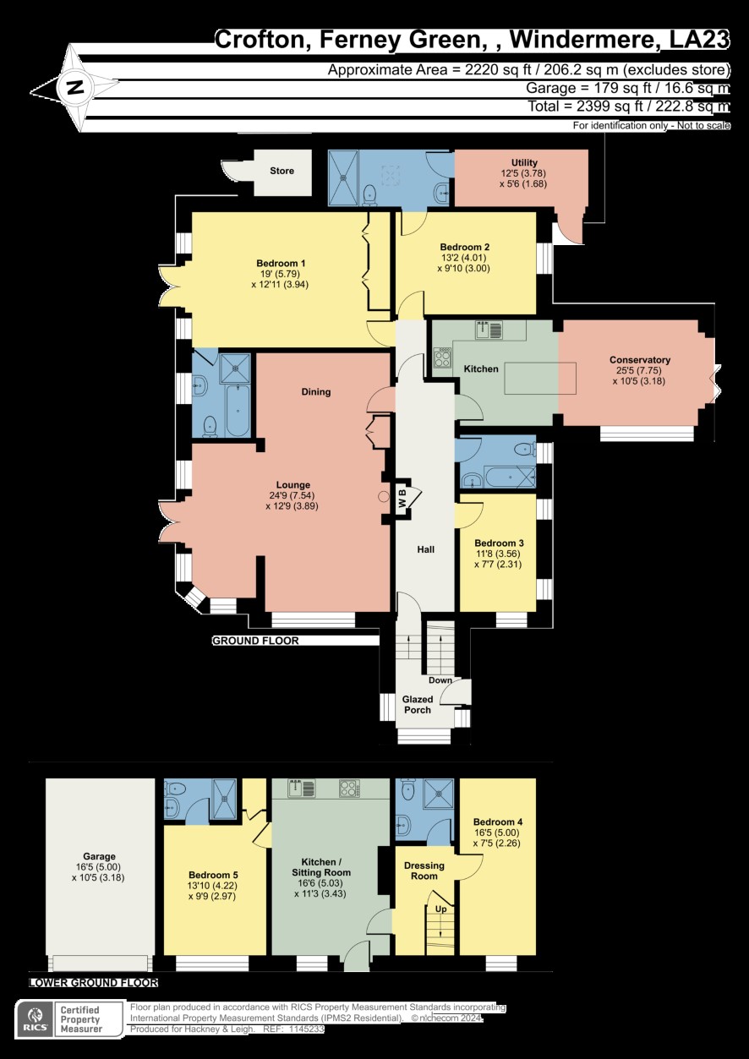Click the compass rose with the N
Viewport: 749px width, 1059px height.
coord(76,87)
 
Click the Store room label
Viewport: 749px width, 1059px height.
coord(282,172)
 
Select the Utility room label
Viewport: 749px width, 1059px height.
coord(524,163)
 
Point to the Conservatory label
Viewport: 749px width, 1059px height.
coord(640,360)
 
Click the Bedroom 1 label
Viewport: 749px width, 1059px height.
coord(281,264)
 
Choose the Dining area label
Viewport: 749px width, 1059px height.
coord(315,392)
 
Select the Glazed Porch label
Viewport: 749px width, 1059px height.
coord(418,705)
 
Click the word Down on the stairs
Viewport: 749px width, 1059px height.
coord(440,680)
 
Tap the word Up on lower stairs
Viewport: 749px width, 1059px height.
coord(440,909)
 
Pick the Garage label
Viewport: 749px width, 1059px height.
coord(99,856)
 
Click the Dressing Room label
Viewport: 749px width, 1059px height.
coord(424,871)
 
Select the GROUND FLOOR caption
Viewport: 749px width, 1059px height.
coord(254,641)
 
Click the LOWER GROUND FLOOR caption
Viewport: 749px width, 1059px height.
coord(93,983)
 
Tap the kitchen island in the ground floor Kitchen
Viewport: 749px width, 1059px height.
coord(541,378)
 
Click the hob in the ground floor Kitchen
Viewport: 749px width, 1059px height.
coord(442,358)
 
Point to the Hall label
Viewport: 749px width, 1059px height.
coord(425,549)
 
